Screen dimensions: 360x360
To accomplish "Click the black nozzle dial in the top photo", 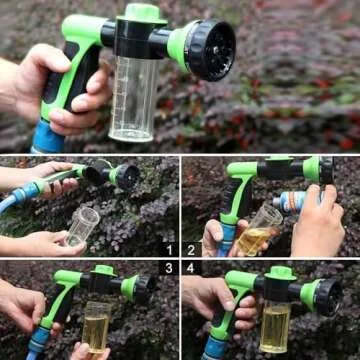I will click(211, 49).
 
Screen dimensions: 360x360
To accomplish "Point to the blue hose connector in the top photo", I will click(47, 139).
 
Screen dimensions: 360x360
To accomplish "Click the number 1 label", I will click(170, 250).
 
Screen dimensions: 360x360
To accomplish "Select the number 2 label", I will click(191, 250).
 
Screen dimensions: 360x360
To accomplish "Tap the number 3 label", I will click(170, 268).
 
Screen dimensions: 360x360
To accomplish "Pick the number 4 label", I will click(191, 268).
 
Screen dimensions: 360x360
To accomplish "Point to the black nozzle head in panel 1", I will click(126, 177).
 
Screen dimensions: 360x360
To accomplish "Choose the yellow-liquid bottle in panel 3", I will click(97, 325).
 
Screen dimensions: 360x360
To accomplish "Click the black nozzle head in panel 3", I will click(141, 289).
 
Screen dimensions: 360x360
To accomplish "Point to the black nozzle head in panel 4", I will click(326, 295).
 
